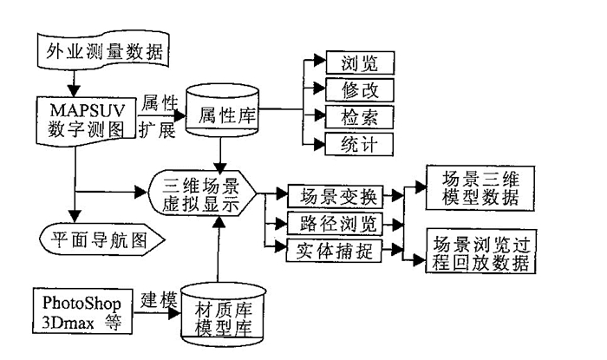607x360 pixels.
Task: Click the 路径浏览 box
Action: (x=333, y=224)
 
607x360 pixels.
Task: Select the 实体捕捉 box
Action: (x=333, y=251)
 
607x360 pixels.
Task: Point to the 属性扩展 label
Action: (x=157, y=115)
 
